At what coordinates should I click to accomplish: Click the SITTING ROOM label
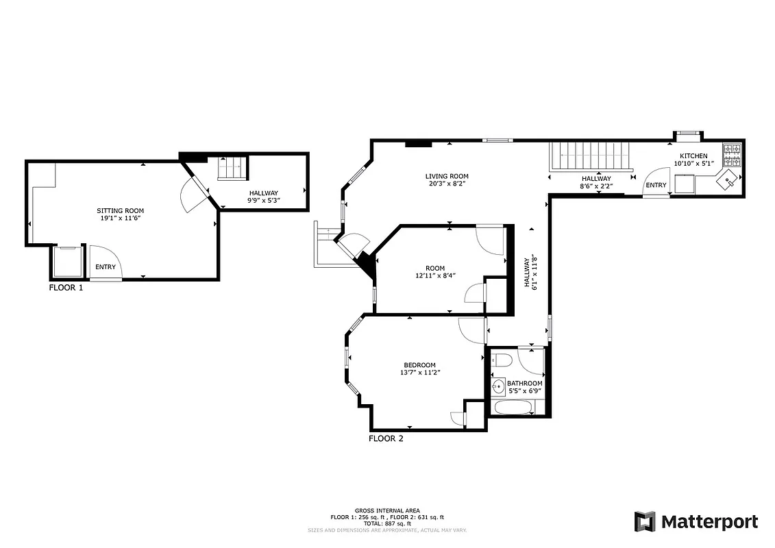(x=120, y=210)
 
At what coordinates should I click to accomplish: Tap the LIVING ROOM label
(x=447, y=176)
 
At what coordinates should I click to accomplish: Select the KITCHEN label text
(x=693, y=156)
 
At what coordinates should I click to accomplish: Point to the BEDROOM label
(x=419, y=365)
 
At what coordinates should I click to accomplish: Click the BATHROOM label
(x=525, y=383)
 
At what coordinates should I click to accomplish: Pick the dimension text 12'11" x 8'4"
(x=435, y=275)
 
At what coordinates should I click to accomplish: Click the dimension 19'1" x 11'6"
(x=120, y=218)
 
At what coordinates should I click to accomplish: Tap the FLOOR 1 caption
(x=66, y=288)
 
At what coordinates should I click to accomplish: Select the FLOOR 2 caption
(x=386, y=438)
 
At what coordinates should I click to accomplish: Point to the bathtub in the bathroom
(x=514, y=408)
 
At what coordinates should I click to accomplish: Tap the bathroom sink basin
(x=498, y=386)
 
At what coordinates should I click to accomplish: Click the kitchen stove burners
(x=731, y=155)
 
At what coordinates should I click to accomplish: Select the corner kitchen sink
(x=727, y=181)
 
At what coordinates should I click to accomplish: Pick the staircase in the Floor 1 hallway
(x=232, y=168)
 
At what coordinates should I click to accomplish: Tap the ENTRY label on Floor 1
(x=106, y=267)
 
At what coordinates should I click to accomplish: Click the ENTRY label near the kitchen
(x=656, y=185)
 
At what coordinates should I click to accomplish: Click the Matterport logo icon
(x=644, y=521)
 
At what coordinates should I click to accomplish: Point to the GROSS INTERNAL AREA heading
(x=387, y=510)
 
